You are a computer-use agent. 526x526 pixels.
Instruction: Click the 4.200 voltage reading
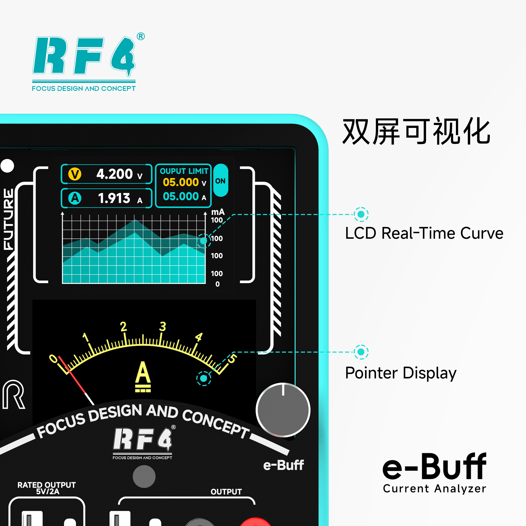point(115,174)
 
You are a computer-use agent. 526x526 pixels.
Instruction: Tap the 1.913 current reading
point(114,198)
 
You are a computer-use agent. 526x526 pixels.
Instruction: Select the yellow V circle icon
point(75,174)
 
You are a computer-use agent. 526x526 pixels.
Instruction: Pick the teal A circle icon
point(75,198)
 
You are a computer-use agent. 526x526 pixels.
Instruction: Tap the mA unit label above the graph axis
point(218,212)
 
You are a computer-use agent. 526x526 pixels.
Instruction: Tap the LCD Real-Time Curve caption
point(424,233)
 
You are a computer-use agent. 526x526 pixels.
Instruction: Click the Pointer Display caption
point(401,373)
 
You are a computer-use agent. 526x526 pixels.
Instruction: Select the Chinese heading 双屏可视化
point(416,131)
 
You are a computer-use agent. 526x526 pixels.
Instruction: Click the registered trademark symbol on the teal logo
point(141,36)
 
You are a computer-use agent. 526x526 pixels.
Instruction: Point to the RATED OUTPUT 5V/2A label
point(46,488)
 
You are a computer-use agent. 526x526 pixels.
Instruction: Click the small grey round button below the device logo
point(144,476)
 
